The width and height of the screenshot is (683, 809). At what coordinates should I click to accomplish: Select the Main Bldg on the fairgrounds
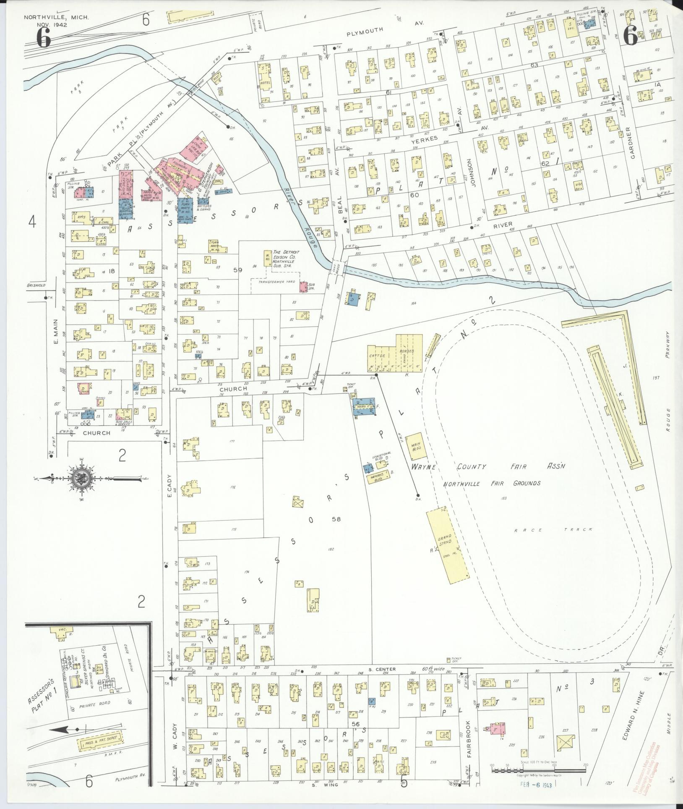pyautogui.click(x=415, y=446)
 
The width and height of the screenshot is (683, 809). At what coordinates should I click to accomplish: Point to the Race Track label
pyautogui.click(x=553, y=530)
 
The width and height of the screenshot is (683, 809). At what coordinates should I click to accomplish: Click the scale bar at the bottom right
pyautogui.click(x=538, y=771)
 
